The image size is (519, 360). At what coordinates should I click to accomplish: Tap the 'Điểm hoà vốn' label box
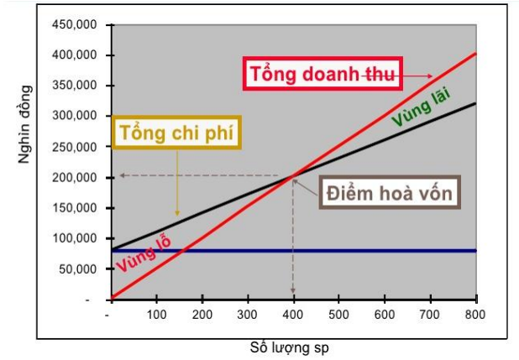pos(391,195)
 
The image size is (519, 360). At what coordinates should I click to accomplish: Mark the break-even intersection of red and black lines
pos(294,175)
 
